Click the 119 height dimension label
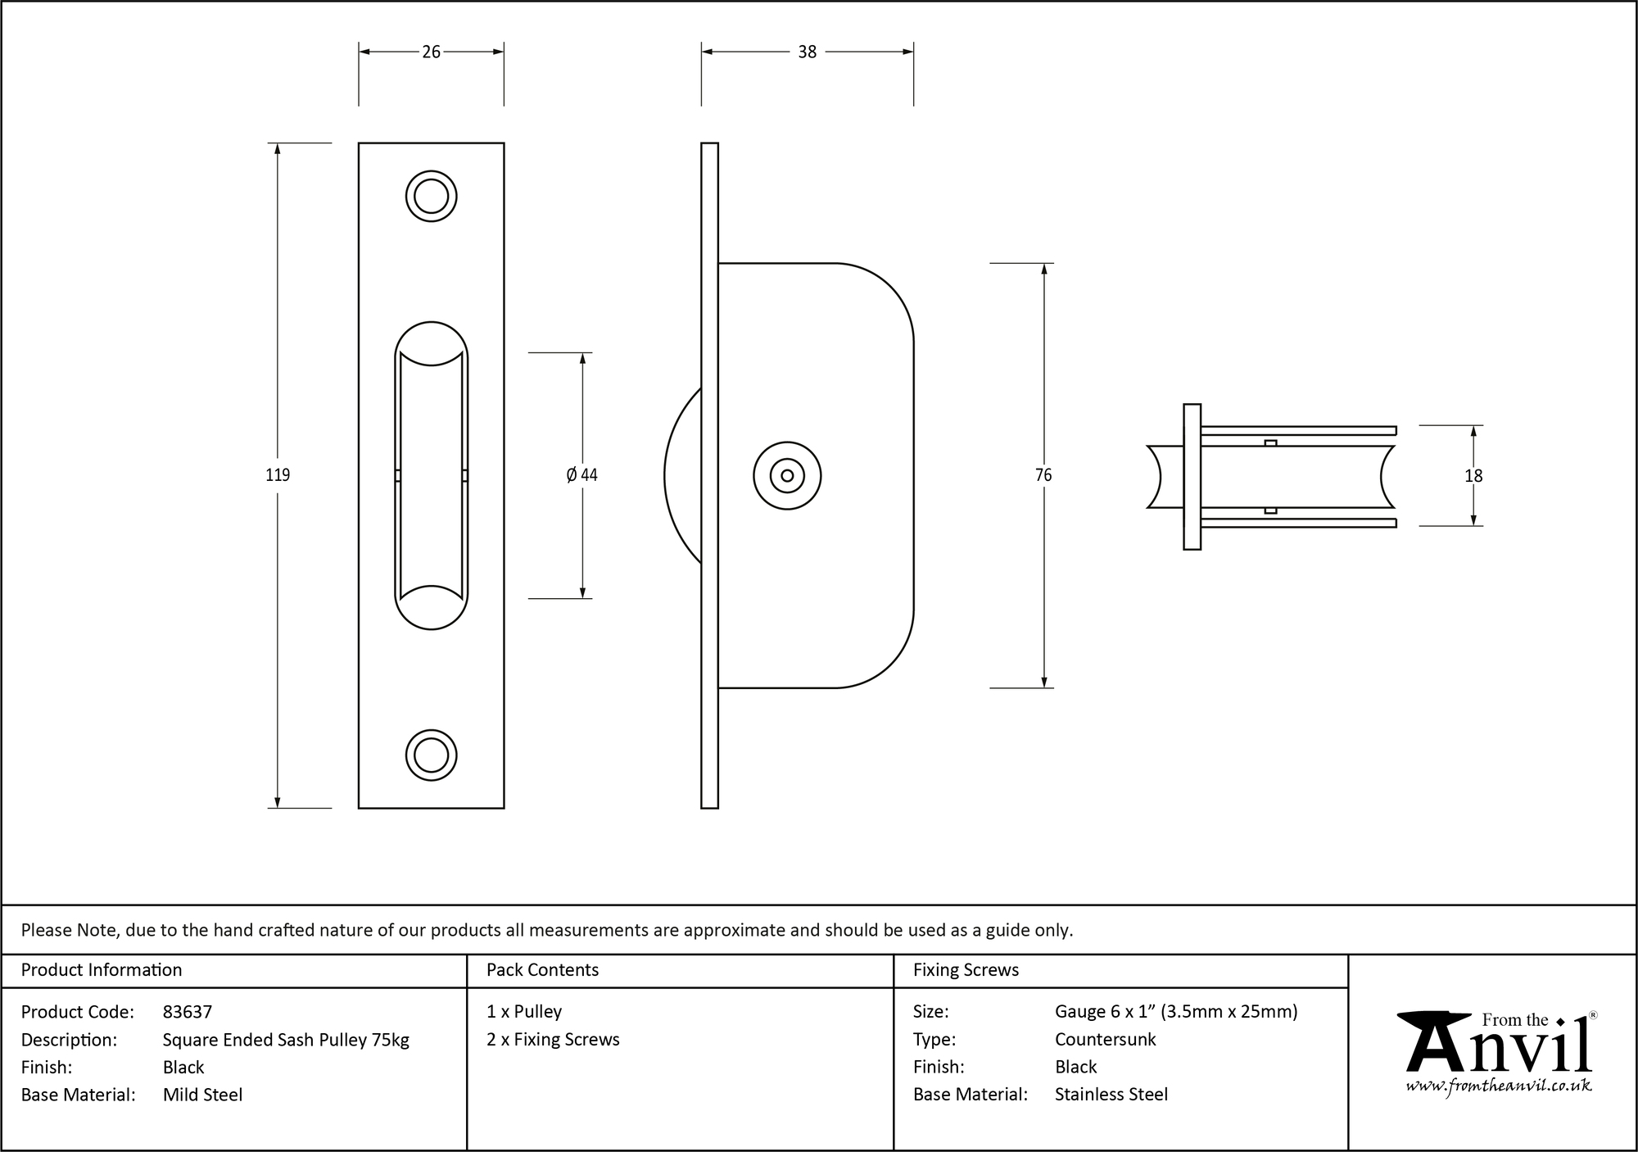278,475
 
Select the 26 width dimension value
431,52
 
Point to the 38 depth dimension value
807,52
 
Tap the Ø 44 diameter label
581,475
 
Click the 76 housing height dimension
1043,475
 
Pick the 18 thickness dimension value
1473,476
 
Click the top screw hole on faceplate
431,196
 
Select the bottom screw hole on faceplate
431,755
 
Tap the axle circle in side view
787,476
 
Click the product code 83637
188,1012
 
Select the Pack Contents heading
542,970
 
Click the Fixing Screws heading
966,970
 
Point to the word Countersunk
1105,1040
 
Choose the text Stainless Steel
1111,1095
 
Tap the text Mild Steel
202,1095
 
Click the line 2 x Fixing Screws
553,1040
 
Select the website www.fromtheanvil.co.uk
1498,1086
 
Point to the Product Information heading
102,970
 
